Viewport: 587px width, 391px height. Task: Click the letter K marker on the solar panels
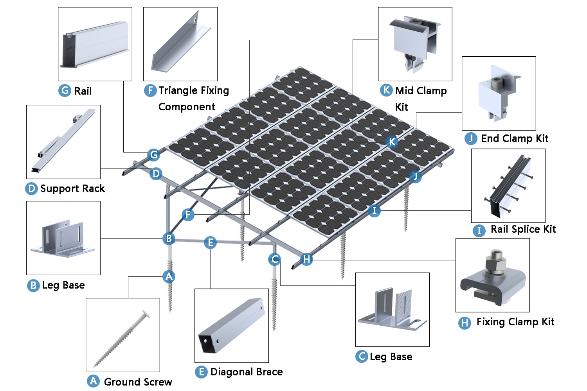coord(392,142)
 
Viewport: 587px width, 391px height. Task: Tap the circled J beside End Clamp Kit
coord(471,138)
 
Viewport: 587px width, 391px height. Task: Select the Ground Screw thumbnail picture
coord(122,335)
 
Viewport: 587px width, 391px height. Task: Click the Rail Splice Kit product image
coord(508,186)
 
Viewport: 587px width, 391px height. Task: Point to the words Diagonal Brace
coord(246,372)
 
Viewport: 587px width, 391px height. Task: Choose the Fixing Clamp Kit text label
coord(515,322)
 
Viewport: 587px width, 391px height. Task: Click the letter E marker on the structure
coord(210,242)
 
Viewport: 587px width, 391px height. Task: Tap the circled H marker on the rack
coord(306,259)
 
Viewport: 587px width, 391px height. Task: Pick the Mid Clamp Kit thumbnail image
coord(415,44)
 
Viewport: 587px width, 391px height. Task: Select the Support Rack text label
coord(72,189)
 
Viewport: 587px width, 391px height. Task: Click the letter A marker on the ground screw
coord(169,276)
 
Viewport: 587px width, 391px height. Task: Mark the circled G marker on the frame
coord(154,155)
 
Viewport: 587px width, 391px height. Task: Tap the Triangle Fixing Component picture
coord(180,44)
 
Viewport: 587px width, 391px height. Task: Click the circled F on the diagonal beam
coord(188,214)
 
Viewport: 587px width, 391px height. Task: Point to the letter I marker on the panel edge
coord(374,211)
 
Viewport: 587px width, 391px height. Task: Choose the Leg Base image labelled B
coord(63,238)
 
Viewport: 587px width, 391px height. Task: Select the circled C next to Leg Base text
coord(361,357)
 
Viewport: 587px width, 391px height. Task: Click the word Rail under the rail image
coord(83,91)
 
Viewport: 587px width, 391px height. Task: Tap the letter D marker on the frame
coord(156,174)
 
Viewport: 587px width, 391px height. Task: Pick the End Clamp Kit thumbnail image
coord(499,93)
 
